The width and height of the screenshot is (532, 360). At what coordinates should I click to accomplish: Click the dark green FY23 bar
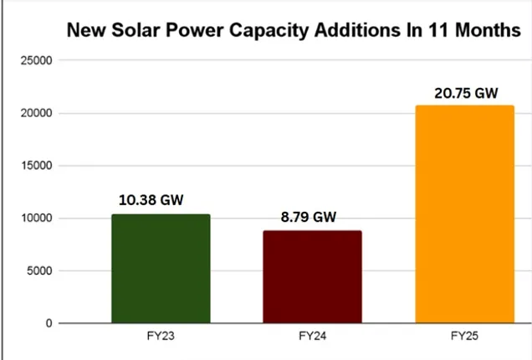coord(160,269)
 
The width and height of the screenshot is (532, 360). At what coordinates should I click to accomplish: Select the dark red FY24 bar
coord(312,277)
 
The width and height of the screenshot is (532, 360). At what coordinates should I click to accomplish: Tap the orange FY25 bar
coord(464,214)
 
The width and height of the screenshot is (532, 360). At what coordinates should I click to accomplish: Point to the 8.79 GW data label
coord(308,217)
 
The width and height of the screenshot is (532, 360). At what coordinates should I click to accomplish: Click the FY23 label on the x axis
coord(160,337)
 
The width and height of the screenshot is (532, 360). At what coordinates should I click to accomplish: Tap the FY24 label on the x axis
coord(312,337)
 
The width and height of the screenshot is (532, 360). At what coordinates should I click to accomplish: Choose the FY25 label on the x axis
coord(464,337)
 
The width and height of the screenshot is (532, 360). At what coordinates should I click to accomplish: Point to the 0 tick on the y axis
coord(49,323)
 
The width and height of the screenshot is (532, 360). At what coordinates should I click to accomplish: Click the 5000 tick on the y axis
coord(38,270)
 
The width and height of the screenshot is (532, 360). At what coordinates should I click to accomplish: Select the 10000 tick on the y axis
coord(36,219)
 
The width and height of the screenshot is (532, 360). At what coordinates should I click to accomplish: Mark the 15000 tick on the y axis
coord(36,166)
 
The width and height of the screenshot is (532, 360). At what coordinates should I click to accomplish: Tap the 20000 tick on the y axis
coord(36,113)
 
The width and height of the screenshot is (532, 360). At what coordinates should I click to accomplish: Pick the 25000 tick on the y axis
coord(36,61)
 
